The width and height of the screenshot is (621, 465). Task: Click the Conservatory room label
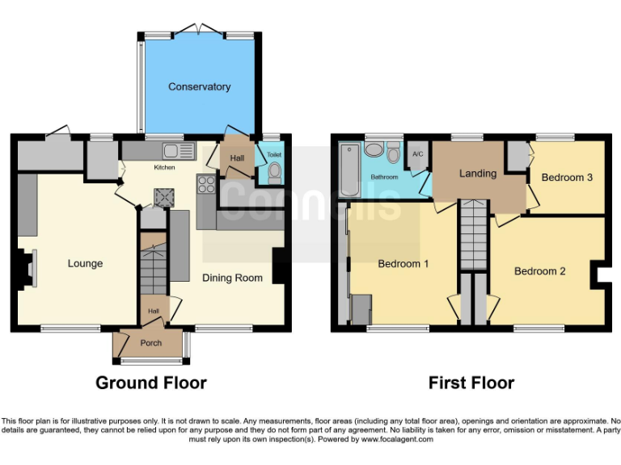(199, 86)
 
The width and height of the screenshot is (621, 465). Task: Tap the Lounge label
(85, 263)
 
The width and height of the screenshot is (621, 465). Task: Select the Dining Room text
(232, 278)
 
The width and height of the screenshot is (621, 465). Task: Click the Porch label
(151, 343)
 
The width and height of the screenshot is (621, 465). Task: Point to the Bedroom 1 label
(403, 263)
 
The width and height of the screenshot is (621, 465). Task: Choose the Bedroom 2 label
(540, 271)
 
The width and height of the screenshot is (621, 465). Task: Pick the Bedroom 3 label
(567, 178)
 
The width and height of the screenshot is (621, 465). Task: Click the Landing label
(477, 174)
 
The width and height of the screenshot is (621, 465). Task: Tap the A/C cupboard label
(418, 153)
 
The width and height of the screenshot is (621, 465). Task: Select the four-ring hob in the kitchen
(205, 185)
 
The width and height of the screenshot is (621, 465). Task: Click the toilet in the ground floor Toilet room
(273, 171)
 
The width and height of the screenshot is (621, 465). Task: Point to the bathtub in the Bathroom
(349, 170)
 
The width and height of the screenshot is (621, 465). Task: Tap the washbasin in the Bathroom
(374, 149)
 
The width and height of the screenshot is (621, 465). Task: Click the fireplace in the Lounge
(29, 269)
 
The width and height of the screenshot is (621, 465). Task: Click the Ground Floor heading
(151, 383)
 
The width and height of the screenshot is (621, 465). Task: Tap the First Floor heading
(471, 383)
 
